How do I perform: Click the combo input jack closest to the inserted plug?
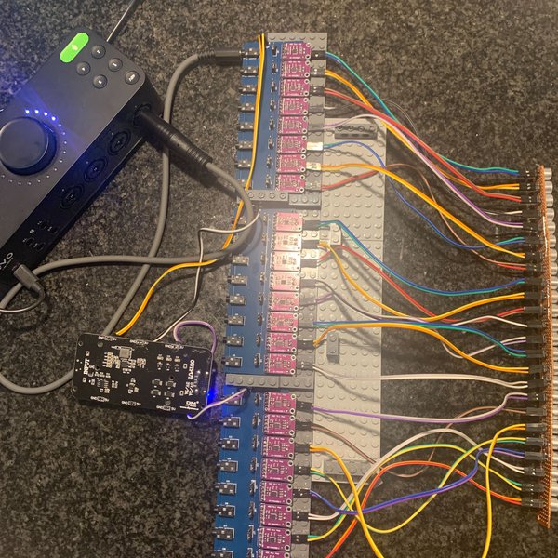(117, 144)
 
